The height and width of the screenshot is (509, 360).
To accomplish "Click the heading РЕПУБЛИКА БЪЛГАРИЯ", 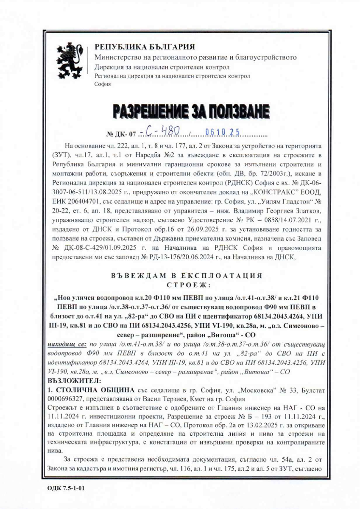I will [x=145, y=47].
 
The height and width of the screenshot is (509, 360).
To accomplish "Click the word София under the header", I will [x=102, y=84].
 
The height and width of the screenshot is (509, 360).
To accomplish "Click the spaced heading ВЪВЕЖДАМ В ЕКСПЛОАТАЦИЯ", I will [x=186, y=275].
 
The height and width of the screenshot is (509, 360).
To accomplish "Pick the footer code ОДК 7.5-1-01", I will [x=67, y=488].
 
